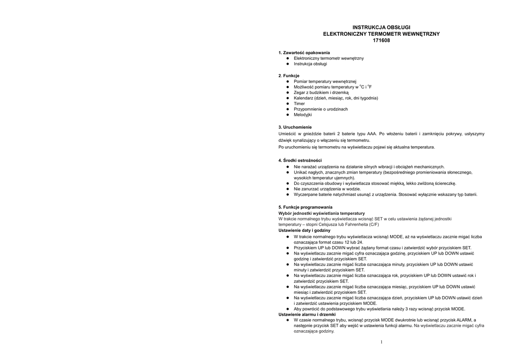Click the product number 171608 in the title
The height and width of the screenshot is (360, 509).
[381, 41]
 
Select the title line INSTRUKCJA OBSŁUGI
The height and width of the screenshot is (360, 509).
[381, 27]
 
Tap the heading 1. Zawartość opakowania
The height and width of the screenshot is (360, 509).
[304, 53]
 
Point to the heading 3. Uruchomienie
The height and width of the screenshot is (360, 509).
[295, 127]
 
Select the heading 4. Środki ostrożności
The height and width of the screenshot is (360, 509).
[300, 160]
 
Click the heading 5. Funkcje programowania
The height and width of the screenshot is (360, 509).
[305, 207]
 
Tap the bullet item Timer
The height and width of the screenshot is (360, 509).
[299, 103]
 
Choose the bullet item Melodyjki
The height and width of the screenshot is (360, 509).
[303, 115]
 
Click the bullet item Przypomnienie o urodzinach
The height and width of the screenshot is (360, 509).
[321, 109]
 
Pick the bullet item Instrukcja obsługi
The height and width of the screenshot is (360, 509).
[310, 64]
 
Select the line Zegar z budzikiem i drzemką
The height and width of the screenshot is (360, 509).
[321, 92]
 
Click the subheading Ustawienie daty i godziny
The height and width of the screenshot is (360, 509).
[304, 231]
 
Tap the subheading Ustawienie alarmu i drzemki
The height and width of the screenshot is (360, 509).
[307, 315]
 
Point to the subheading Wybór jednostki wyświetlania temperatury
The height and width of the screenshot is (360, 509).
[321, 213]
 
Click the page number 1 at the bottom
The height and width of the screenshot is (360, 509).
[381, 342]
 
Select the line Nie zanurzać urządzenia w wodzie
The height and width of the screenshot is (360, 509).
[327, 189]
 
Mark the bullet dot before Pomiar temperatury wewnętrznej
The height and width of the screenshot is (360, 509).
[288, 81]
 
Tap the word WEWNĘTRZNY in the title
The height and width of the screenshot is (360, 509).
[416, 34]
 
